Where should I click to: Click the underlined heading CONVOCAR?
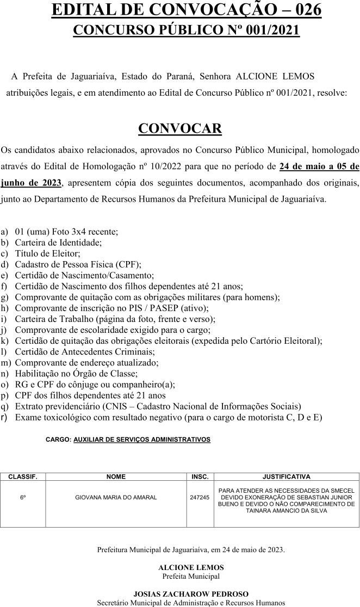click(x=180, y=128)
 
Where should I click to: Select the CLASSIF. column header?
click(x=23, y=476)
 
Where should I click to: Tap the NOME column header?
click(x=116, y=476)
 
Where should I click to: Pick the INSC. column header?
click(x=200, y=476)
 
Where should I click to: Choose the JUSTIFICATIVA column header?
click(x=286, y=476)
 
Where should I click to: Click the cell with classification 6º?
click(x=23, y=497)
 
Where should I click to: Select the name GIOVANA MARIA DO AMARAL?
click(x=116, y=497)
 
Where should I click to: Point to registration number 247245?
click(x=200, y=497)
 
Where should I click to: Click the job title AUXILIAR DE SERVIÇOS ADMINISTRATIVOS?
click(x=141, y=438)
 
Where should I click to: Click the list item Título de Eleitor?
click(x=47, y=253)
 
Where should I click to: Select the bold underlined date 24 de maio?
click(x=301, y=166)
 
